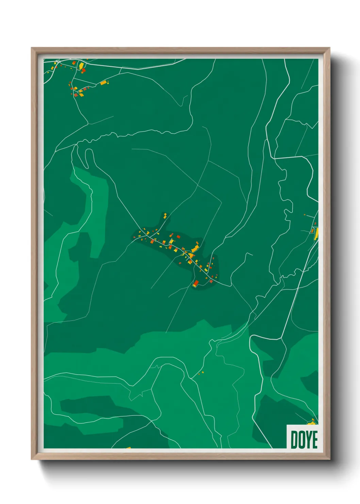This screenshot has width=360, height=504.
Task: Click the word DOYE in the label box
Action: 304,439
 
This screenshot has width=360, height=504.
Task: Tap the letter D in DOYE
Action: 294,439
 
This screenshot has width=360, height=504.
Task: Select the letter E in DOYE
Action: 315,439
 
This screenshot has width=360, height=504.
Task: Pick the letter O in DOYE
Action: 301,439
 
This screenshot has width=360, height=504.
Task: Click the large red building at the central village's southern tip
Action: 196,283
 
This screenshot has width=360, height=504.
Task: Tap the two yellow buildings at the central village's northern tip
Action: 165,215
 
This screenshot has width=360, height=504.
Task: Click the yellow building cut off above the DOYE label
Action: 312,423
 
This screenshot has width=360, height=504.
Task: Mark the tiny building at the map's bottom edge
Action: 128,448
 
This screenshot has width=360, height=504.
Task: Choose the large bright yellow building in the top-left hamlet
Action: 81,66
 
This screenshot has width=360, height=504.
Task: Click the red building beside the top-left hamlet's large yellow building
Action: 84,70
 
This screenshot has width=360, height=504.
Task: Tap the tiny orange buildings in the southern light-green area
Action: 201,373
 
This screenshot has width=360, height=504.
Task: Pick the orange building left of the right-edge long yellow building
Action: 312,231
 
